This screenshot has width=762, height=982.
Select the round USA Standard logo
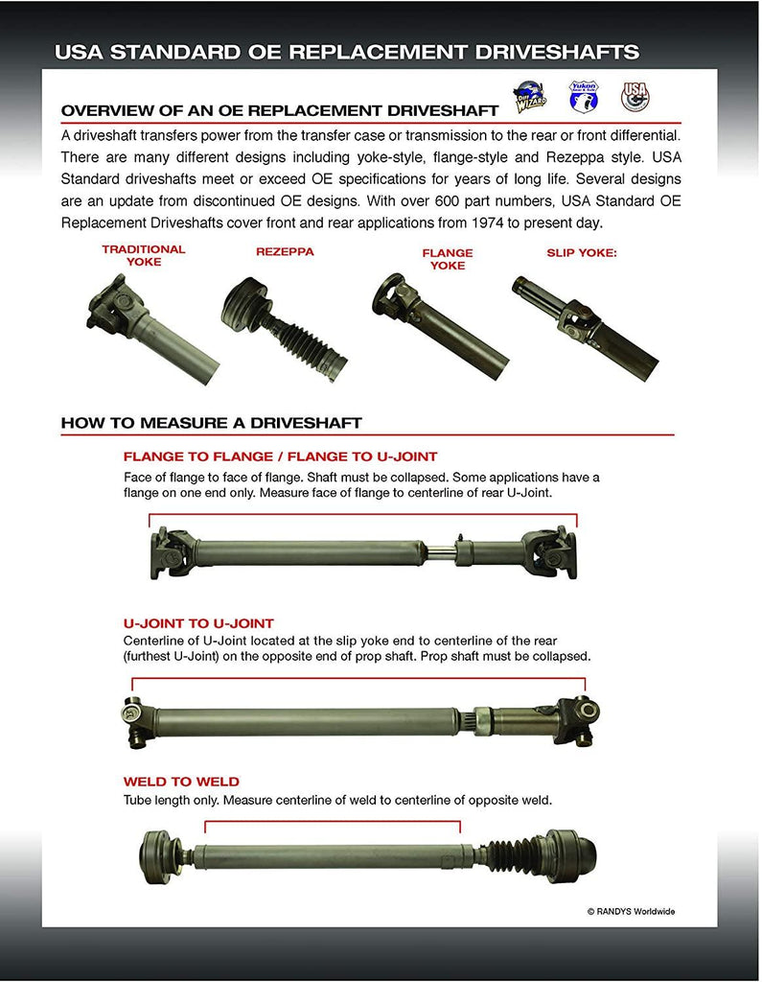(635, 95)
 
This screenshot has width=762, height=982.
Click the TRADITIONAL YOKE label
(144, 255)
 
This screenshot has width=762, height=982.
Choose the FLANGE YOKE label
(448, 259)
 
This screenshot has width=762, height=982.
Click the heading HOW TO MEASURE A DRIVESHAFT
(211, 423)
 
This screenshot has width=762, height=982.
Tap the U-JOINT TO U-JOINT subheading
(198, 623)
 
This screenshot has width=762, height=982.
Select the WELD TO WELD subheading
(181, 782)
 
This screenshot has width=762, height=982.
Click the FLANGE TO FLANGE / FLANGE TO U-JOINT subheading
(280, 456)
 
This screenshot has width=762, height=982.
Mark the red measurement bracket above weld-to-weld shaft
(332, 822)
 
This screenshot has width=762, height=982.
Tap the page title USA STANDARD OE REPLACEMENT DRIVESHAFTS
(347, 52)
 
